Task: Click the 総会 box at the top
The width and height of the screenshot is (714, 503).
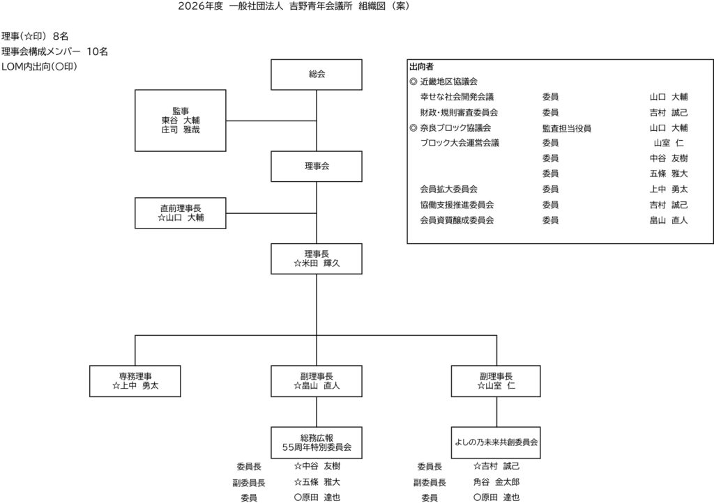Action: (317, 75)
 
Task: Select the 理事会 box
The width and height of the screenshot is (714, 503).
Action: (317, 166)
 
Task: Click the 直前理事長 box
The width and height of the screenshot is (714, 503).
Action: (180, 212)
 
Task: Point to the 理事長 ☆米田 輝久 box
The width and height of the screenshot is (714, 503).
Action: (317, 259)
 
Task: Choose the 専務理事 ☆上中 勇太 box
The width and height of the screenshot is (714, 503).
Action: (135, 380)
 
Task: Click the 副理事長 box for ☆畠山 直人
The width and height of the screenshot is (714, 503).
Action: (317, 380)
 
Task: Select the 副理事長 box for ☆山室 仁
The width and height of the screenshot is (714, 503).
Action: (496, 380)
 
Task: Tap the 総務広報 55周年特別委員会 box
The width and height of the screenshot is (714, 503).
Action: (317, 442)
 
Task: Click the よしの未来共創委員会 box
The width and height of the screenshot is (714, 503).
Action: (496, 442)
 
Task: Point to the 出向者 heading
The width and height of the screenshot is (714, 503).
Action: (421, 67)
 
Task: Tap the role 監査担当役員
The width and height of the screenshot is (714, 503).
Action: (566, 127)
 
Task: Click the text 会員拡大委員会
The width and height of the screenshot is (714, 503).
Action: (448, 189)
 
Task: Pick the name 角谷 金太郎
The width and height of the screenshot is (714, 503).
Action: (496, 481)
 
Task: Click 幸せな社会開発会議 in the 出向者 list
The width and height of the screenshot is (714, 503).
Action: (457, 97)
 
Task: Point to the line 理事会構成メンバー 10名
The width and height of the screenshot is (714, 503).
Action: (54, 51)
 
